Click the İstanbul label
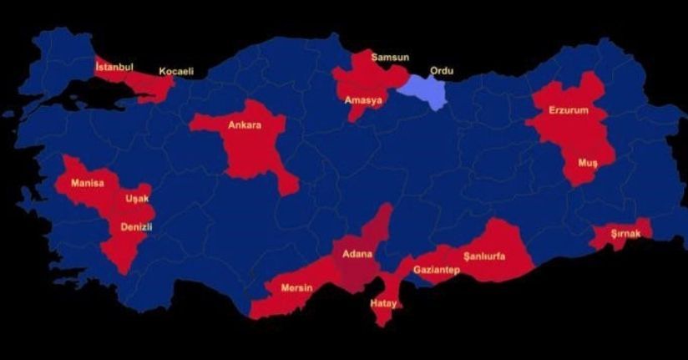tap(115, 66)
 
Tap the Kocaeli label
tap(176, 72)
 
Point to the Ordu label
tap(441, 71)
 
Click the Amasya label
tap(363, 100)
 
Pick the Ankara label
tap(245, 126)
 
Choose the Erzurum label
tap(569, 110)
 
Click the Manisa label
tap(88, 183)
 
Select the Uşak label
tap(137, 199)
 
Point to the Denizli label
tap(136, 226)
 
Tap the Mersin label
tap(296, 288)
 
